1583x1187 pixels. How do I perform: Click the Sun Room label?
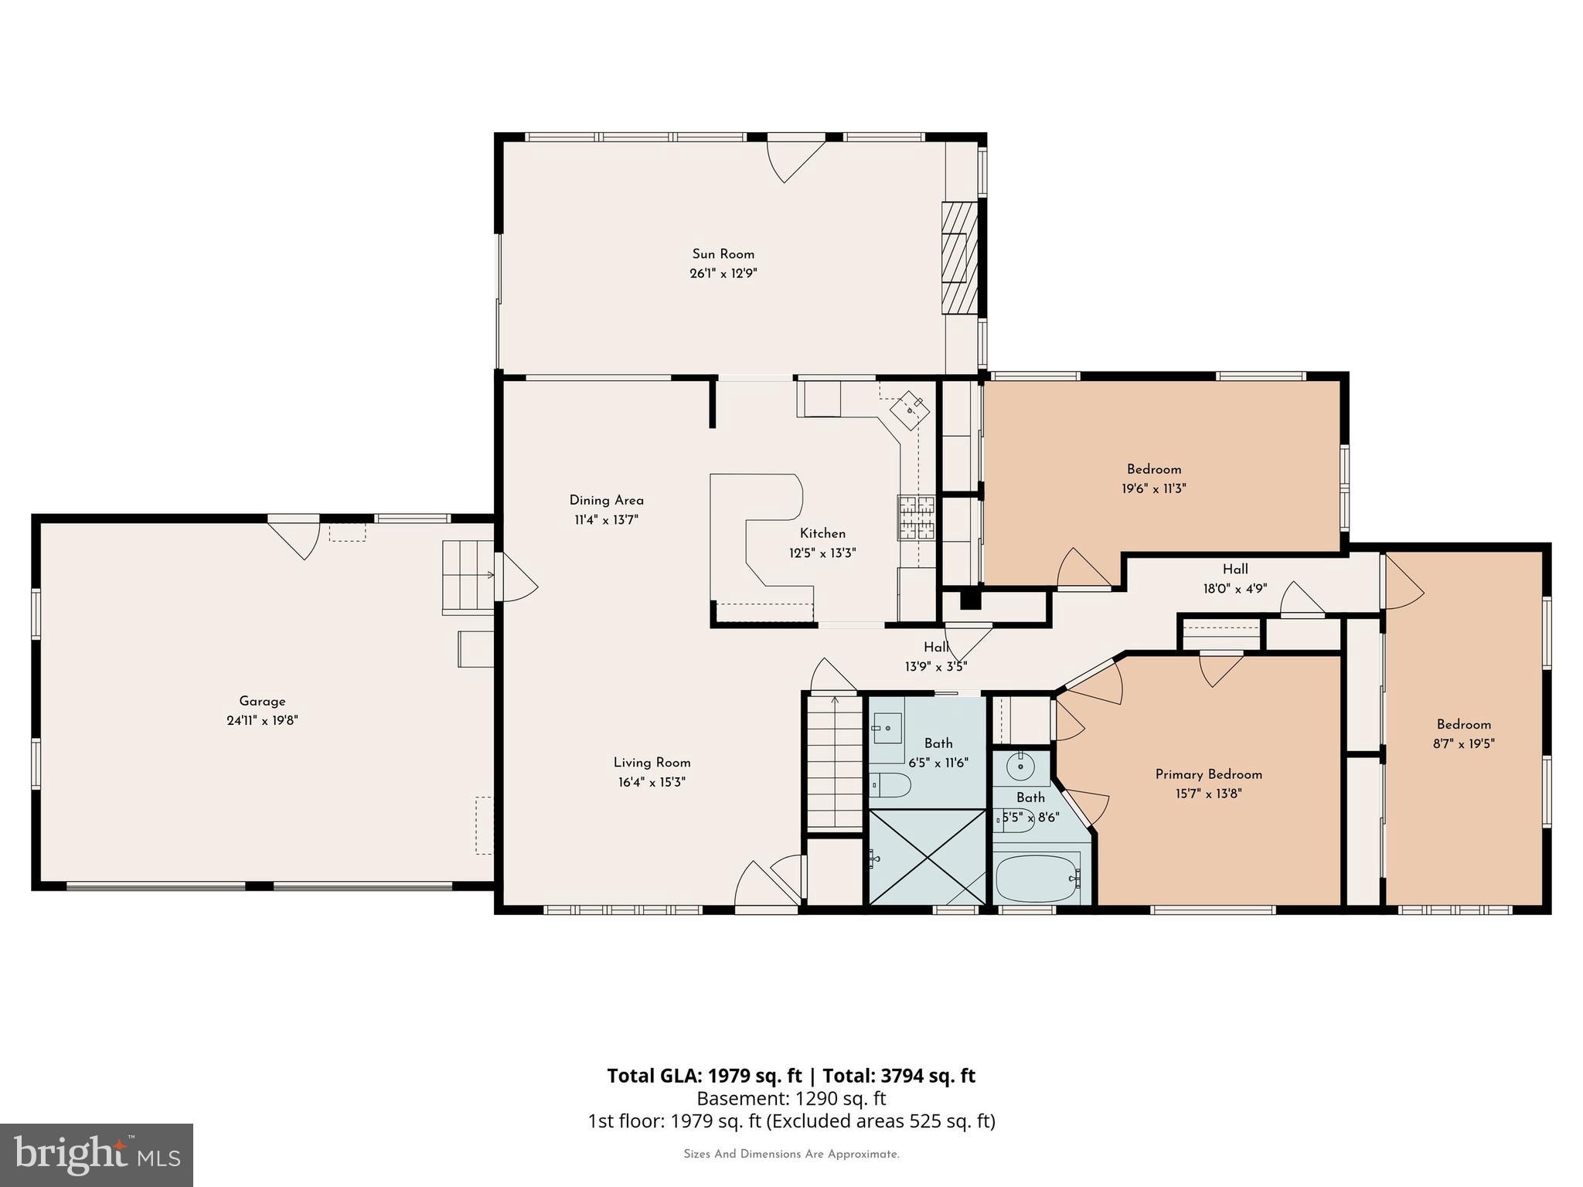(723, 254)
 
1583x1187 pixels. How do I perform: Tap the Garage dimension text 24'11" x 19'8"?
(262, 721)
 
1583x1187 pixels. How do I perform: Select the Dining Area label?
(606, 501)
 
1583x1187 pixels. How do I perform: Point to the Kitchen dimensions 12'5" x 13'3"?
(822, 553)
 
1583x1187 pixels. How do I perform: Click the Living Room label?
(652, 763)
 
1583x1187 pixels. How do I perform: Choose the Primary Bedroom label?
(1208, 774)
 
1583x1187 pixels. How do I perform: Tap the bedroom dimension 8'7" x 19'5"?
(1463, 744)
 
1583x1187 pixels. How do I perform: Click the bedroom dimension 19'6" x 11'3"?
(1153, 488)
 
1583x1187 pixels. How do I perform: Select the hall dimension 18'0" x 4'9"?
(1234, 589)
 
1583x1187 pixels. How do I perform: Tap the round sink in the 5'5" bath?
(1021, 767)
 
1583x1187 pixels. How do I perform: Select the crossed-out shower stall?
(927, 856)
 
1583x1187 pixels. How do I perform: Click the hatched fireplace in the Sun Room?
(959, 257)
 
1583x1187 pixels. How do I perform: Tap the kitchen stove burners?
(917, 517)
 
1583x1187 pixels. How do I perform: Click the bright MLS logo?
(97, 1155)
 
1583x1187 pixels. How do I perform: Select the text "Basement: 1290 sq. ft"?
(791, 1098)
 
